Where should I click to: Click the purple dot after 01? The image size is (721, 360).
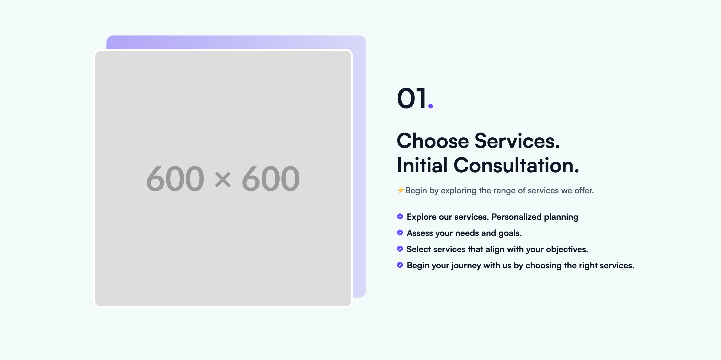point(430,106)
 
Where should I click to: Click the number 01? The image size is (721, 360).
point(412,98)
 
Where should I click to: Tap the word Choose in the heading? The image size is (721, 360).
point(433,141)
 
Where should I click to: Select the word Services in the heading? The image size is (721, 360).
point(517,141)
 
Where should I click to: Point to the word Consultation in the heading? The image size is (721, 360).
point(516,165)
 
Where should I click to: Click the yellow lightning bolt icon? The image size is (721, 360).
point(401,190)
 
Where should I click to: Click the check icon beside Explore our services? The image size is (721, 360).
point(400,217)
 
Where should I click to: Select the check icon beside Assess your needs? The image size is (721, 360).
point(400,233)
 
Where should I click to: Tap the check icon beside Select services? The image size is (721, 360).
point(400,249)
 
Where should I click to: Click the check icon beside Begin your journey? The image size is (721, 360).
point(400,265)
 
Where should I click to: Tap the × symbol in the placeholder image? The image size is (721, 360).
point(223,180)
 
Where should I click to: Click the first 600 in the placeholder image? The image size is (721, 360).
point(175,179)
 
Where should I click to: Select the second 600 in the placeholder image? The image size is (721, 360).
point(271,179)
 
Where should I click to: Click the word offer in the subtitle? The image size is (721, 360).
point(584,191)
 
